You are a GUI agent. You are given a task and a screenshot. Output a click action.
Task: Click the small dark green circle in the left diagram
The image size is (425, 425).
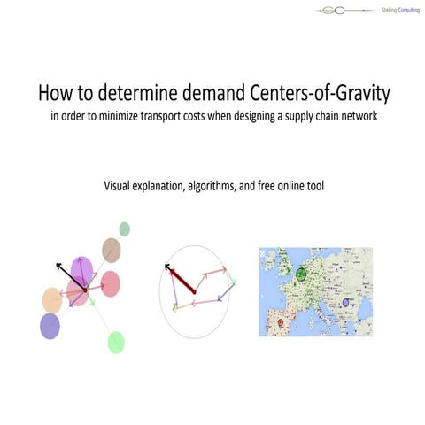[x=125, y=229]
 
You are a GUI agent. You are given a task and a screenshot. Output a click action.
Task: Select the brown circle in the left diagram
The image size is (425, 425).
[x=112, y=249]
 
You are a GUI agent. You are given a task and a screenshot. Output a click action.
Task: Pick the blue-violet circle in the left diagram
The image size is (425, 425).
[x=50, y=325]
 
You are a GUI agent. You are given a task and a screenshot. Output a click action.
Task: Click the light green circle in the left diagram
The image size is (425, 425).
[x=116, y=342]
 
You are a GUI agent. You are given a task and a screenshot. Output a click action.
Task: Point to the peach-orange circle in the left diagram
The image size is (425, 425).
[x=52, y=299]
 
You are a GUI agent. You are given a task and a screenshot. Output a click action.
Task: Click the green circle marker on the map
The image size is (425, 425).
[x=302, y=274]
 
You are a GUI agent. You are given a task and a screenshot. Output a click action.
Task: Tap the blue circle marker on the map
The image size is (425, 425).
[x=346, y=304]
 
